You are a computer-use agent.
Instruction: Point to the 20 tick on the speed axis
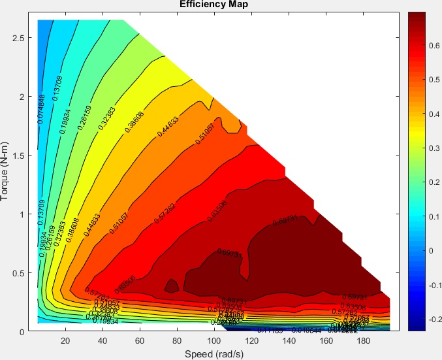pos(65,341)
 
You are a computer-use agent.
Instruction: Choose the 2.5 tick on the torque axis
pos(20,38)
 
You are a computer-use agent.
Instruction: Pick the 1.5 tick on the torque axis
pos(20,155)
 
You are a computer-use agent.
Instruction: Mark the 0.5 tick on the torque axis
pos(20,272)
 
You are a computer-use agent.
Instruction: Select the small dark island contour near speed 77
pos(172,286)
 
